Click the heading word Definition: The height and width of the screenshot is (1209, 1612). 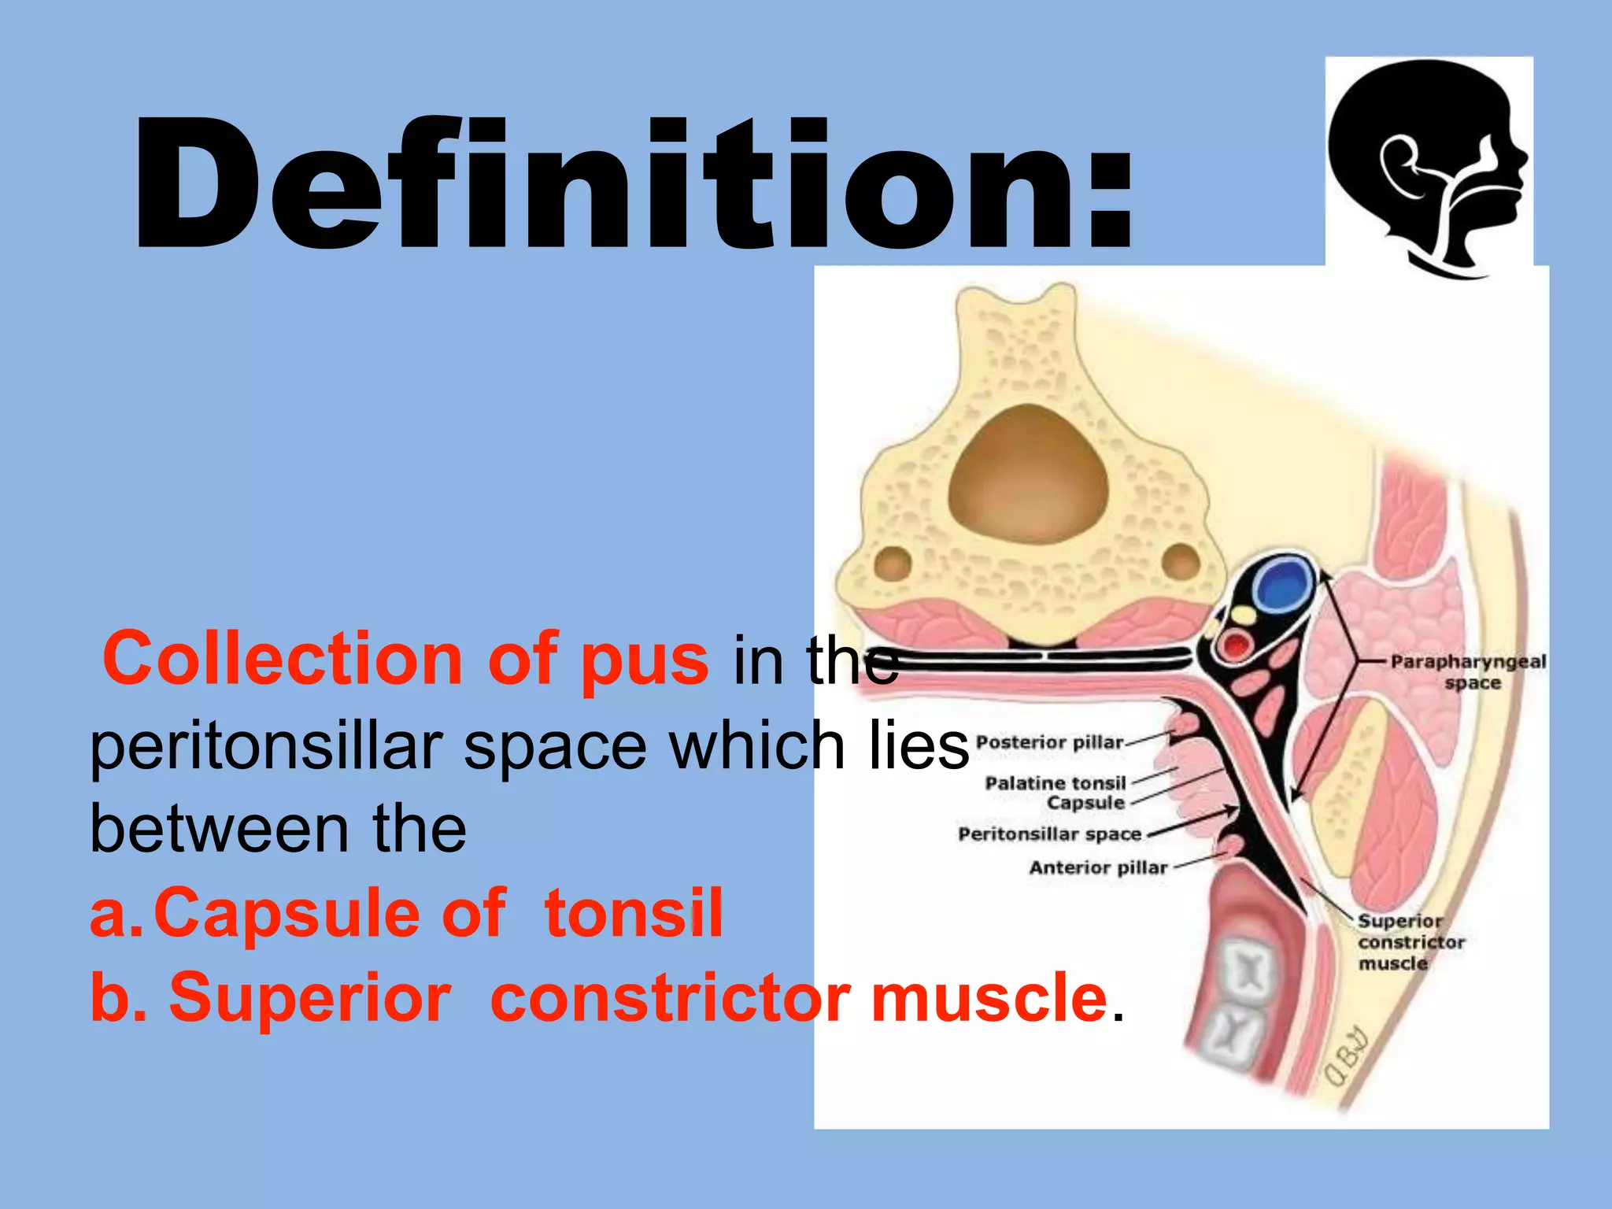coord(634,185)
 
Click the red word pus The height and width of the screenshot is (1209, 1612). coord(644,660)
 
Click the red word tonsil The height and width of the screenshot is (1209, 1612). coord(633,913)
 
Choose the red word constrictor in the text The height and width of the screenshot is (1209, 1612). coord(669,998)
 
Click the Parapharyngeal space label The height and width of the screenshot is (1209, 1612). coord(1468,671)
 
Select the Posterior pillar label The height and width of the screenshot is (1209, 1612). coord(1049,742)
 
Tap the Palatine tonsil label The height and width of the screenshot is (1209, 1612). coord(1055,783)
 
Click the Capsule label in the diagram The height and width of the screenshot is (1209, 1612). coord(1085,803)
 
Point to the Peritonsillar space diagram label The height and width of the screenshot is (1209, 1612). coord(1049,834)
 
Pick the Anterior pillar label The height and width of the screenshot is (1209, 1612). coord(1098,867)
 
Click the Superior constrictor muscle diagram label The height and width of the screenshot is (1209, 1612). coord(1410,942)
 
